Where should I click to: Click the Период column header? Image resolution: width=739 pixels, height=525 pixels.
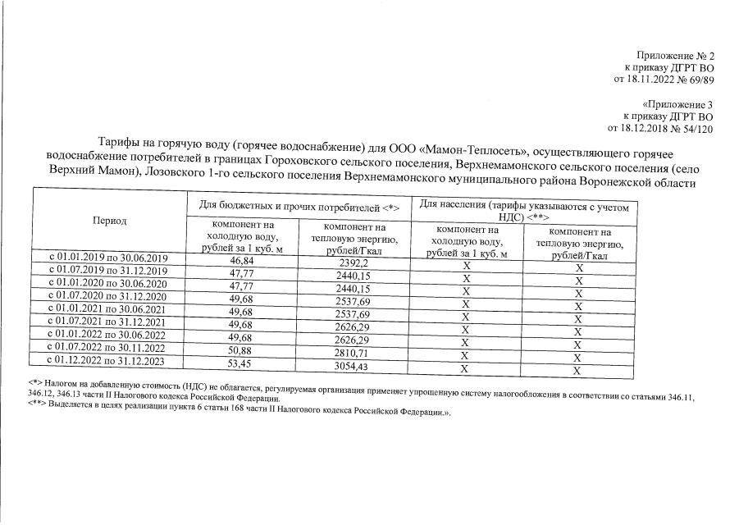point(110,221)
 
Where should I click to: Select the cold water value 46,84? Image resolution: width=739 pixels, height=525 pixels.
point(241,260)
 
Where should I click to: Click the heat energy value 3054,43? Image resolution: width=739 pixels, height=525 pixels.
point(355,365)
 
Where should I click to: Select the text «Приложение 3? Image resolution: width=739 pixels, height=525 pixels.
point(677,104)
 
